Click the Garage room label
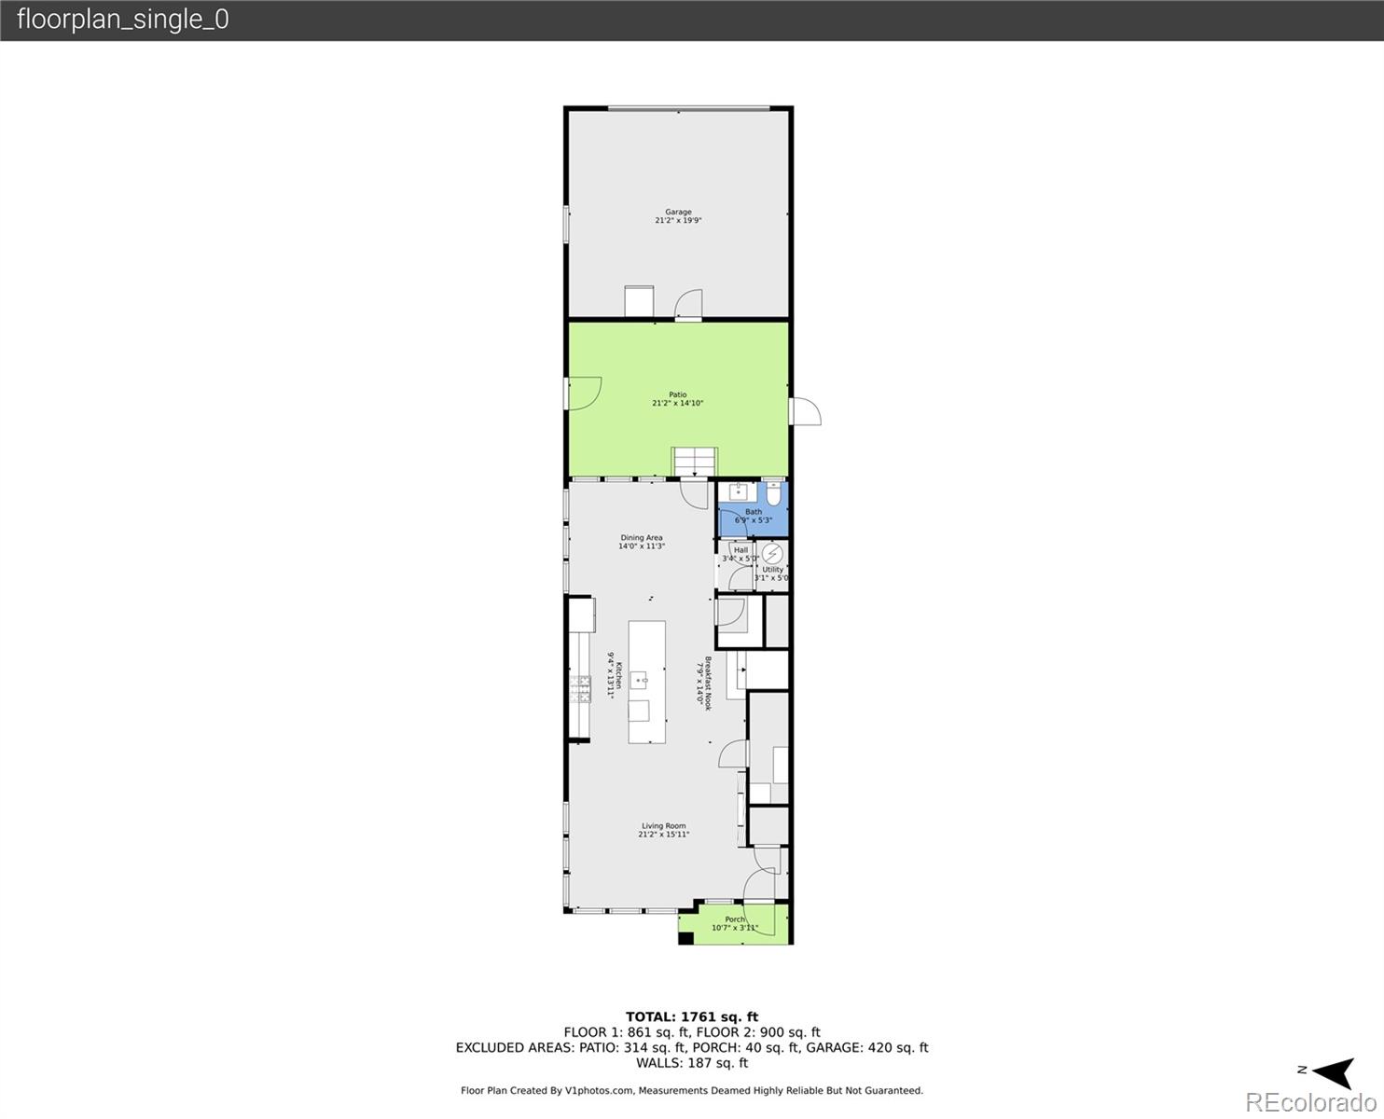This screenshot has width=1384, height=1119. (678, 216)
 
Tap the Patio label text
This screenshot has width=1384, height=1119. (678, 399)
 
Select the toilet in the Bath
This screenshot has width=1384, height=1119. (773, 493)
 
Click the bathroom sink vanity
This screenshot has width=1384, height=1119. (738, 492)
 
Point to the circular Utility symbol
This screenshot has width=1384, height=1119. (772, 554)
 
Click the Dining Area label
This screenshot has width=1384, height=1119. (642, 542)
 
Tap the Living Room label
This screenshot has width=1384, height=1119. (663, 830)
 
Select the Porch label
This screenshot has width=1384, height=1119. (735, 923)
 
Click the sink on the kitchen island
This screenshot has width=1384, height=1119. (640, 679)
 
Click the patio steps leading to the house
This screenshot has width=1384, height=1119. (695, 461)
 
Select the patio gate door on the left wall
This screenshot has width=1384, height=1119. (585, 393)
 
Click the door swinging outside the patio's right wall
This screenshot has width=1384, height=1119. (805, 411)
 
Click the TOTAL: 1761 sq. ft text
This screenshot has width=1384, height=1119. (691, 1016)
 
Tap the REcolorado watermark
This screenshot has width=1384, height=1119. (1309, 1102)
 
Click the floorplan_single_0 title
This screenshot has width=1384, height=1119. (122, 20)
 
